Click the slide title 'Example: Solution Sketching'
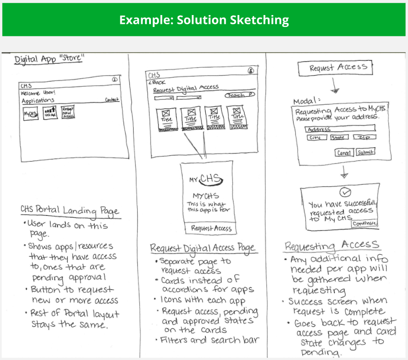[x=204, y=20]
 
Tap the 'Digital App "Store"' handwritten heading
[x=49, y=59]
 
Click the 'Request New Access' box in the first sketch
[x=68, y=112]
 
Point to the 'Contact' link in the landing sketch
[x=112, y=100]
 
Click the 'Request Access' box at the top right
[x=335, y=68]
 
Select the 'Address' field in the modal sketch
[x=339, y=129]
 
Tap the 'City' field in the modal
[x=316, y=138]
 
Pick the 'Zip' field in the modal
[x=365, y=138]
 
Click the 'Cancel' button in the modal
[x=344, y=153]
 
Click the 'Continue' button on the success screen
[x=365, y=223]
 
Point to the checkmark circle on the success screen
[x=346, y=192]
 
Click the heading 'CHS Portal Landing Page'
[x=69, y=210]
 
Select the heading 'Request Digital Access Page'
[x=202, y=248]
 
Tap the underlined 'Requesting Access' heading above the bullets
[x=331, y=245]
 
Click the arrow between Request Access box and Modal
[x=335, y=84]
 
